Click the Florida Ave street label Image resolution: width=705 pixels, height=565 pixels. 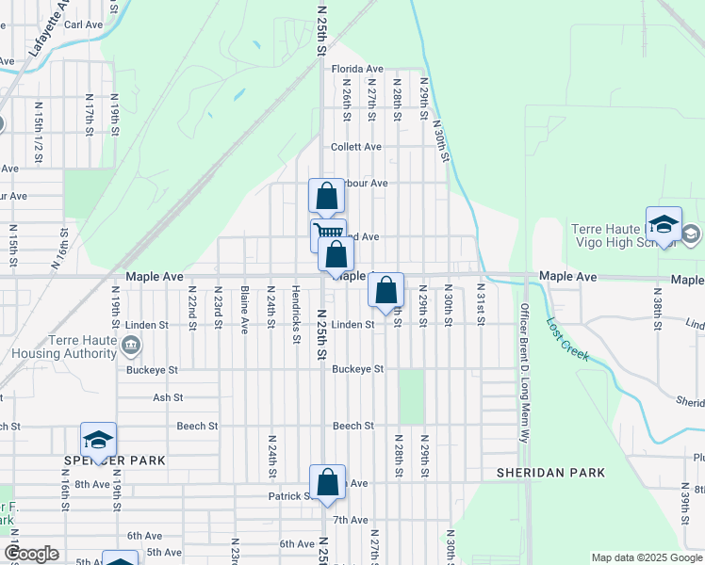pyautogui.click(x=356, y=69)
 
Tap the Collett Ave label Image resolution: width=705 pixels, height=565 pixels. pyautogui.click(x=356, y=147)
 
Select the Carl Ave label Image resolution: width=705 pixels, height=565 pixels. pyautogui.click(x=83, y=24)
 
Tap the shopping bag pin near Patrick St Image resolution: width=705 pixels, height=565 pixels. pyautogui.click(x=327, y=482)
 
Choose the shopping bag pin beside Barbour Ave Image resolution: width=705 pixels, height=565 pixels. pyautogui.click(x=326, y=197)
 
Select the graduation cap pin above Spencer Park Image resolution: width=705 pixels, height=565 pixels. pyautogui.click(x=98, y=440)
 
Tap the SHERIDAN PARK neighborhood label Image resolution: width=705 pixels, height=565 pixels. pyautogui.click(x=551, y=472)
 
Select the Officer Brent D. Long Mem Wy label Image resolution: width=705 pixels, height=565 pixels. pyautogui.click(x=525, y=371)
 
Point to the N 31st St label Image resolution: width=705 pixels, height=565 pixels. pyautogui.click(x=480, y=303)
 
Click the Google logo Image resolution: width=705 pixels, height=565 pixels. pyautogui.click(x=31, y=554)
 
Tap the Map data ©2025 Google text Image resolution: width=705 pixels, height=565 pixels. pyautogui.click(x=646, y=557)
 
